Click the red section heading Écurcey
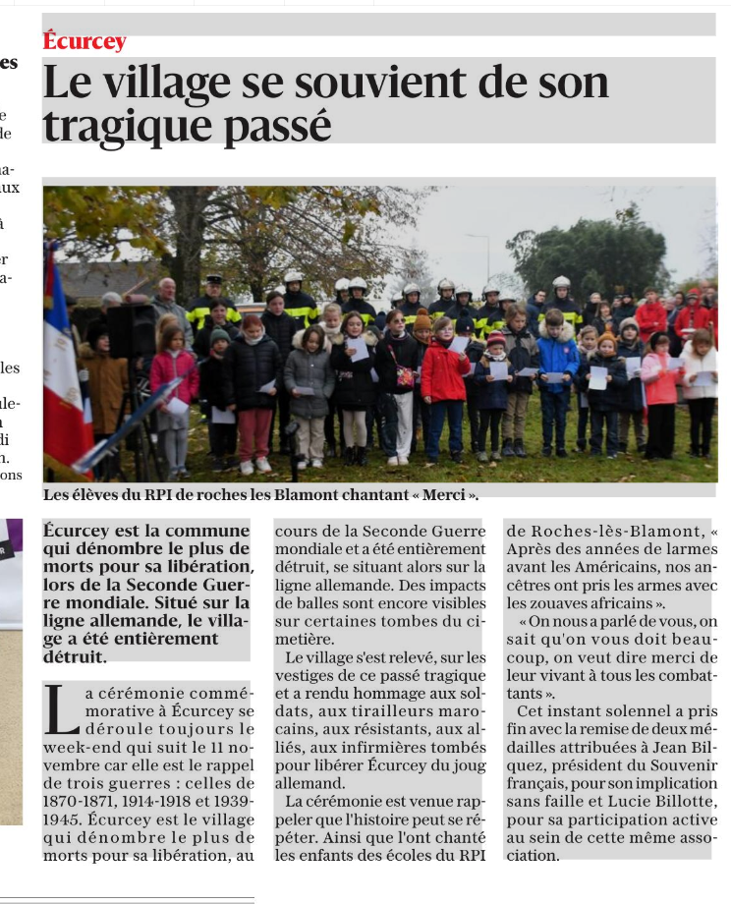84,41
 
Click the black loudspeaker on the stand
132,330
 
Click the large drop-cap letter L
60,709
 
